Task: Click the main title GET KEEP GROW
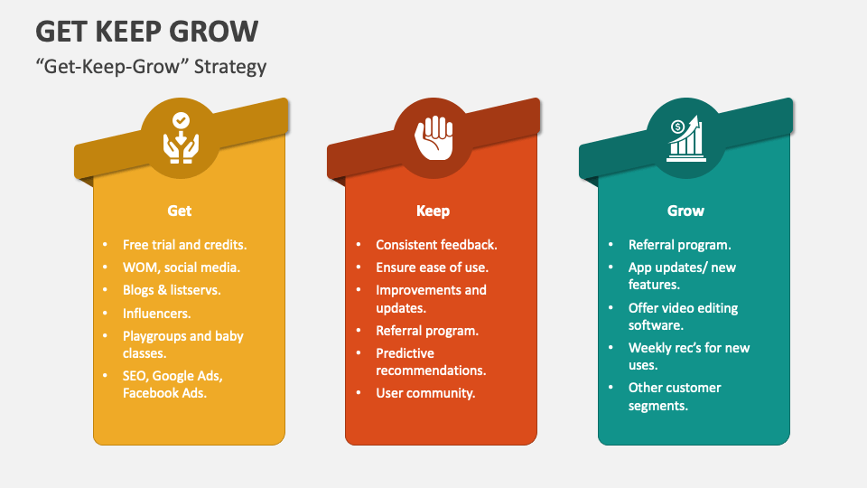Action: pyautogui.click(x=147, y=32)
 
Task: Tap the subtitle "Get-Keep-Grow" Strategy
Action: pyautogui.click(x=151, y=66)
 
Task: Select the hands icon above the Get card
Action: pyautogui.click(x=181, y=137)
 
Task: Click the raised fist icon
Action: pyautogui.click(x=434, y=137)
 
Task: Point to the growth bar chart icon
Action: pyautogui.click(x=686, y=138)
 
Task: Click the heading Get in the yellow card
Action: pyautogui.click(x=180, y=211)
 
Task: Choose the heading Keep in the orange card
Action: pyautogui.click(x=433, y=211)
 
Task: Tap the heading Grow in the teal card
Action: pyautogui.click(x=685, y=211)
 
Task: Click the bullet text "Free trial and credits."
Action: pyautogui.click(x=184, y=245)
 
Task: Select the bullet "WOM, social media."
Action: pyautogui.click(x=182, y=267)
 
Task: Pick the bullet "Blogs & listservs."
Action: pyautogui.click(x=172, y=290)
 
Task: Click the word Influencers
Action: pyautogui.click(x=156, y=314)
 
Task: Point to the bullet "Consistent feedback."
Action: pyautogui.click(x=436, y=245)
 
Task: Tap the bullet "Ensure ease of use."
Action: pyautogui.click(x=432, y=267)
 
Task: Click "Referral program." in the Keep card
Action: pyautogui.click(x=427, y=331)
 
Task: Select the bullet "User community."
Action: pyautogui.click(x=425, y=393)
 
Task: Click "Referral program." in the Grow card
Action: pyautogui.click(x=679, y=245)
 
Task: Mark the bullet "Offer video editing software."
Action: pyautogui.click(x=683, y=316)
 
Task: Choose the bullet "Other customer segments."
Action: pyautogui.click(x=675, y=397)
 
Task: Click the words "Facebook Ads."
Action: pyautogui.click(x=164, y=393)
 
